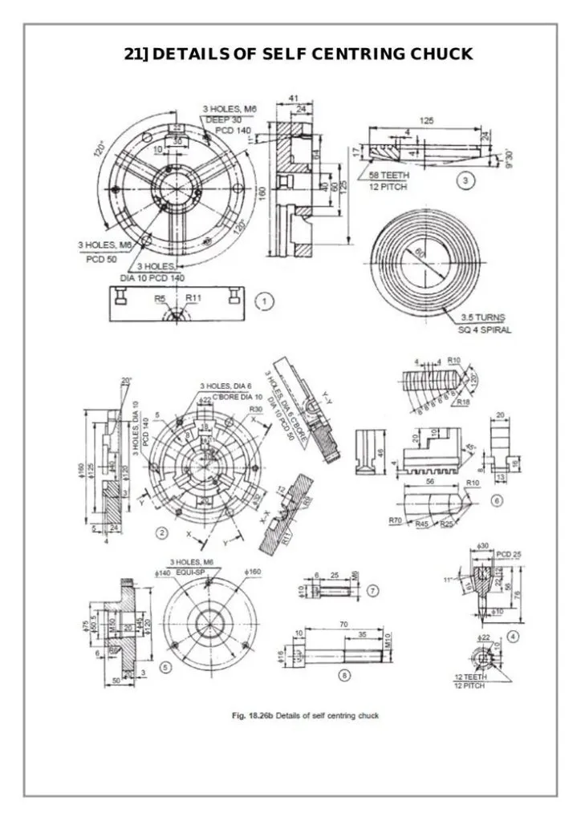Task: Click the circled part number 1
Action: click(264, 302)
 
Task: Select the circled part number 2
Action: click(160, 532)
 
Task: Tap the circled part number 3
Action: click(465, 181)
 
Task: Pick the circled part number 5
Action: click(165, 665)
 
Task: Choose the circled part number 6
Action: click(497, 500)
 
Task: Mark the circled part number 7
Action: click(372, 590)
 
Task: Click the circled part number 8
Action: click(343, 676)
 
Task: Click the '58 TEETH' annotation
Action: click(386, 176)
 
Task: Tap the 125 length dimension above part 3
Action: click(426, 120)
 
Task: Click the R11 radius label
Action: click(193, 297)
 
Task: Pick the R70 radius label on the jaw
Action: click(396, 521)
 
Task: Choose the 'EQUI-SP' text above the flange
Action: click(191, 572)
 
